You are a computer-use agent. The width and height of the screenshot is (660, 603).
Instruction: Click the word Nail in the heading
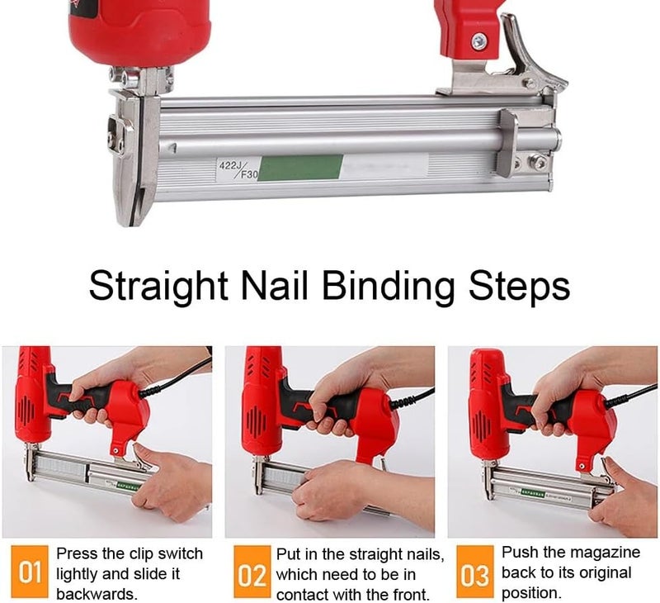tap(273, 286)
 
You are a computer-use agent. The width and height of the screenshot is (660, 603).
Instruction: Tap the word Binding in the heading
tap(387, 287)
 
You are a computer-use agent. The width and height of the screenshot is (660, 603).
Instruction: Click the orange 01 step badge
tap(30, 572)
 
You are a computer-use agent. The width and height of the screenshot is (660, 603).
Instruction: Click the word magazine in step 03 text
tap(603, 553)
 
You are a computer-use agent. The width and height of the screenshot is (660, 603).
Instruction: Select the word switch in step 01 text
tap(176, 553)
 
